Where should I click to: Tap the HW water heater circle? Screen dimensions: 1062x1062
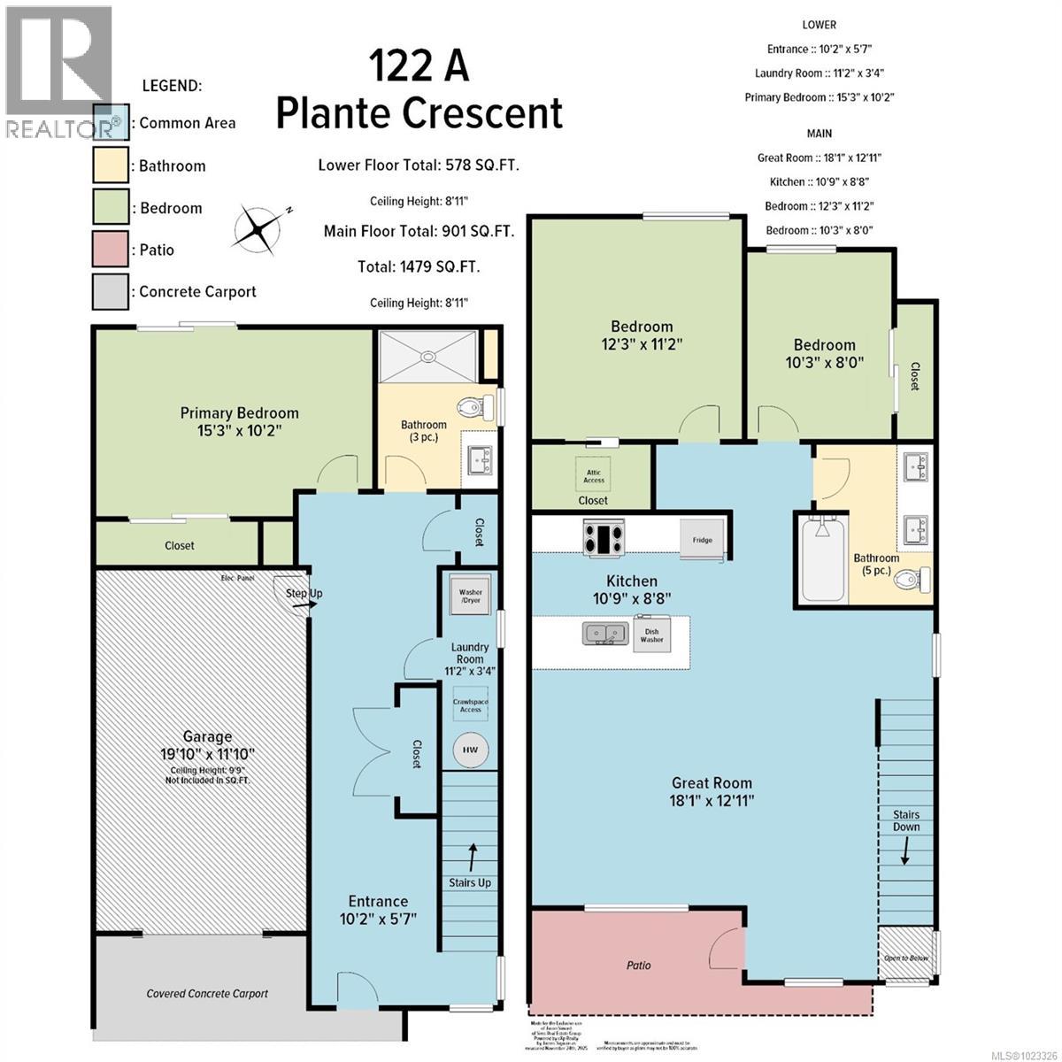pos(470,750)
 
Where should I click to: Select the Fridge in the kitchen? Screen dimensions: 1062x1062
pos(702,539)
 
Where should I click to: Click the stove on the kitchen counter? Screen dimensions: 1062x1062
pos(602,539)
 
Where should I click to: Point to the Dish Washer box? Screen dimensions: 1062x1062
pos(651,634)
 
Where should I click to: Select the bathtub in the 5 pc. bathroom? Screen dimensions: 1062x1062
pos(822,559)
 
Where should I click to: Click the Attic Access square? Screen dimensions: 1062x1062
pos(594,475)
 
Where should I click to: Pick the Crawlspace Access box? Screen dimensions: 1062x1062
pos(470,704)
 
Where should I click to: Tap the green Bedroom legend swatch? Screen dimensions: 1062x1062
pos(111,208)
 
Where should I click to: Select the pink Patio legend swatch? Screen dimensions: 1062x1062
pos(111,250)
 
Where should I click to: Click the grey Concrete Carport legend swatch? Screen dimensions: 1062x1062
pos(111,291)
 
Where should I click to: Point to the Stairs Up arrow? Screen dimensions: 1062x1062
pos(471,856)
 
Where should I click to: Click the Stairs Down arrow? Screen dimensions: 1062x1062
pos(905,851)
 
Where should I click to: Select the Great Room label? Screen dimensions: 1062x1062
pos(712,782)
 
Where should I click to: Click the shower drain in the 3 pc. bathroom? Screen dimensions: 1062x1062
pos(429,357)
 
